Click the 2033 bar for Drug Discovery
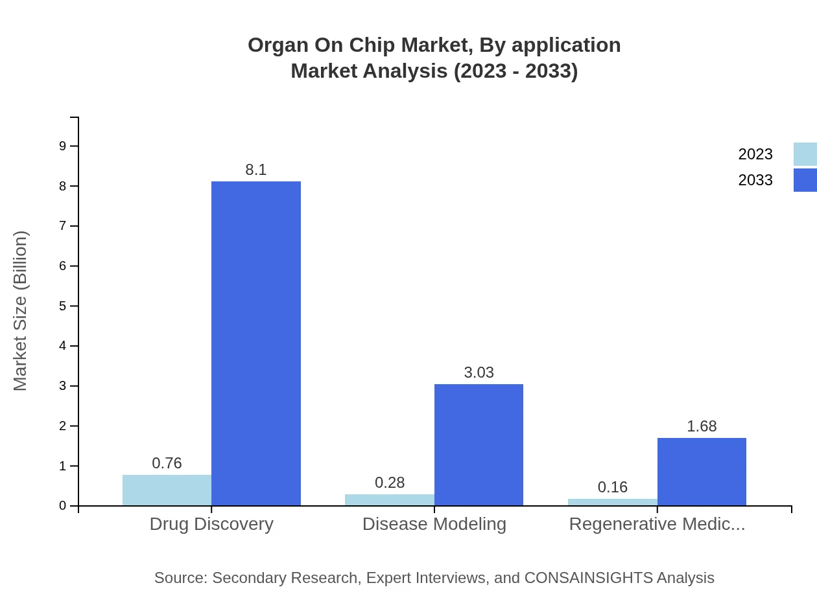(x=256, y=343)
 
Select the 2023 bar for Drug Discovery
(x=167, y=490)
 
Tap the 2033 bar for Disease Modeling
(x=479, y=445)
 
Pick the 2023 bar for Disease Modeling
(x=389, y=500)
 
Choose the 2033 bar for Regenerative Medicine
(x=702, y=472)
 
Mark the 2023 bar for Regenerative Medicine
(x=612, y=502)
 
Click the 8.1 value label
(x=256, y=170)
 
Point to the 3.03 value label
(x=479, y=372)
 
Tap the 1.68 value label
(x=702, y=426)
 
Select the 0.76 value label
(x=167, y=463)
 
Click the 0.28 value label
(x=390, y=483)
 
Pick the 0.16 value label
(x=612, y=487)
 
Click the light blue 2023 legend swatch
(x=805, y=154)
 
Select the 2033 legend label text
(x=755, y=180)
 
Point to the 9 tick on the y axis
(x=63, y=146)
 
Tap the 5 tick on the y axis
(x=63, y=306)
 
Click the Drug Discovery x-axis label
(x=211, y=524)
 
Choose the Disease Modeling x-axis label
(x=434, y=524)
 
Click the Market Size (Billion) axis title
(x=21, y=311)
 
